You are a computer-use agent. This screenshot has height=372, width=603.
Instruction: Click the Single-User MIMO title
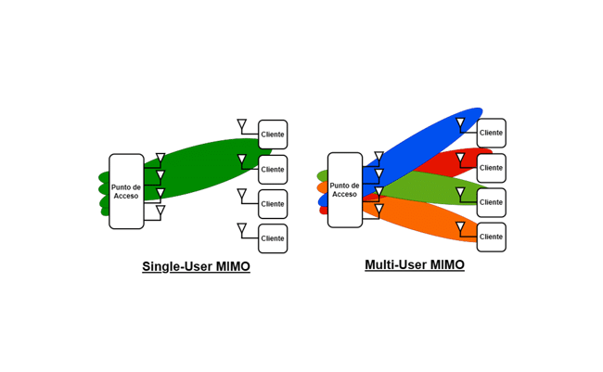pos(196,266)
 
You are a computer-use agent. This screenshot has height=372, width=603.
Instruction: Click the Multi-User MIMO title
pos(414,264)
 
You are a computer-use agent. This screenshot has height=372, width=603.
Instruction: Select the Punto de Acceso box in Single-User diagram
pos(126,191)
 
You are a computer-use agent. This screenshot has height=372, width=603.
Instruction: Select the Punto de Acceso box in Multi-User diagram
pos(344,189)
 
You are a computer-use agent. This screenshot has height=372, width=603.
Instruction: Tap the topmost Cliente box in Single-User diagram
pos(273,135)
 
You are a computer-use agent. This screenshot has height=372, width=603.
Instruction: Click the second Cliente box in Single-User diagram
pos(273,170)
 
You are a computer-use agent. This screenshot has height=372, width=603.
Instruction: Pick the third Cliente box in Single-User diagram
pos(273,204)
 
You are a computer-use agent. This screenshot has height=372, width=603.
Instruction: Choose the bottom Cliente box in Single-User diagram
pos(273,238)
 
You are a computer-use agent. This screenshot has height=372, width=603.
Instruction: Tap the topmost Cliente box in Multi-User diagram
pos(491,133)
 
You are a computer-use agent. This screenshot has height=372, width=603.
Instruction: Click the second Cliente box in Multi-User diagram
pos(491,168)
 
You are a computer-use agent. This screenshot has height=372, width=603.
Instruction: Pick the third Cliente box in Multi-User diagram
pos(491,202)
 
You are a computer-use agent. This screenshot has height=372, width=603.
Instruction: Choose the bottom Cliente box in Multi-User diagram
pos(491,237)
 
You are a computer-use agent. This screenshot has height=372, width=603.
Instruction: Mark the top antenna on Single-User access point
pos(160,159)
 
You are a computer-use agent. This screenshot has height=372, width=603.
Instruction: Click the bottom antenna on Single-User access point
pos(160,211)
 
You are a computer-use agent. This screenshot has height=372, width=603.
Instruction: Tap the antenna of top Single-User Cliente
pos(242,124)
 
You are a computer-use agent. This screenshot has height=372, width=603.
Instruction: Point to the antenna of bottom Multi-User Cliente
pos(460,226)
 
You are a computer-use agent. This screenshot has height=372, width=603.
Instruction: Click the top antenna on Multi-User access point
pos(378,157)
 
